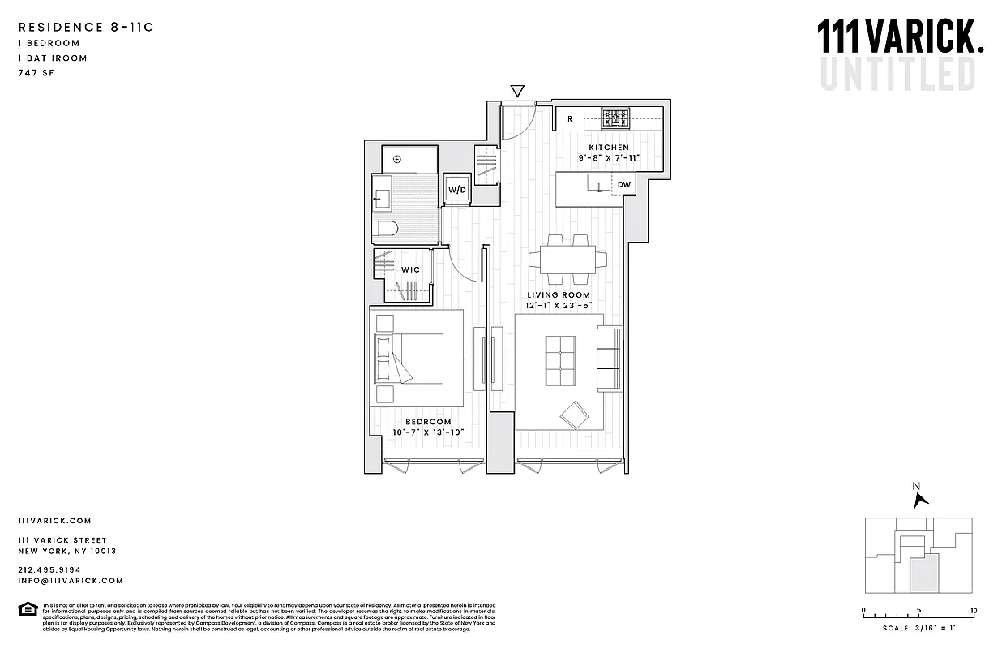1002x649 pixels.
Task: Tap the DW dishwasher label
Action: (623, 185)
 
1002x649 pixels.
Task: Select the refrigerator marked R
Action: (570, 119)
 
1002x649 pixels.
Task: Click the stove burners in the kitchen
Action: (615, 119)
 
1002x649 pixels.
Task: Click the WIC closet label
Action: (410, 269)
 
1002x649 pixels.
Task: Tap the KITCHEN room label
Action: (609, 148)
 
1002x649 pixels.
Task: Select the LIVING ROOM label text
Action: (559, 294)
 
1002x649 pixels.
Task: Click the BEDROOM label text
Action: (428, 422)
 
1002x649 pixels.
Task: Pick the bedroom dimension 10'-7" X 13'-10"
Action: (428, 432)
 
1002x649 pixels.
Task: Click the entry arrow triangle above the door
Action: (517, 91)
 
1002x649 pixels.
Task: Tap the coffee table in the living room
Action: (559, 363)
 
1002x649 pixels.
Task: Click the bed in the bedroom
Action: (409, 359)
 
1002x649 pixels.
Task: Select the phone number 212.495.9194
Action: (49, 569)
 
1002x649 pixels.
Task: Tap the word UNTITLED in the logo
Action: (897, 73)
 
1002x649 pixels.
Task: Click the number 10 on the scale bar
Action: (973, 610)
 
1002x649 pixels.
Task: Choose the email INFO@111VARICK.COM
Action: (71, 581)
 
